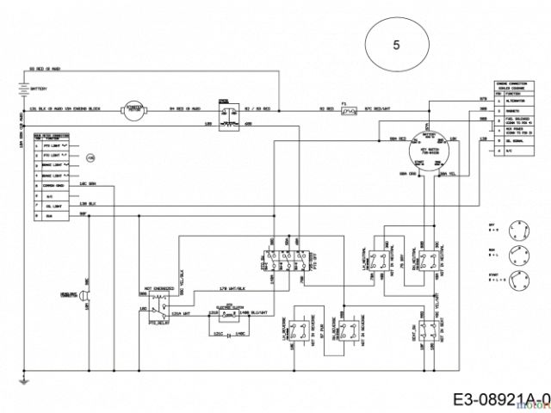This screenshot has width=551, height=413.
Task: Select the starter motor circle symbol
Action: point(136,109)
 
